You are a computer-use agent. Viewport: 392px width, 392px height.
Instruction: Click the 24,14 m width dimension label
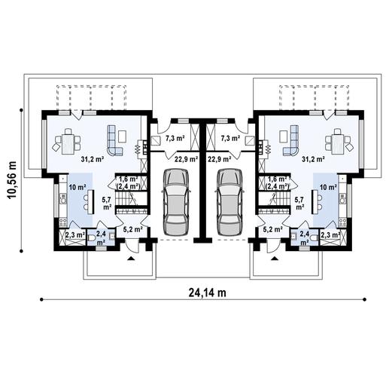point(202,293)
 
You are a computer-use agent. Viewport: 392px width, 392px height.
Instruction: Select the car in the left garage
point(175,201)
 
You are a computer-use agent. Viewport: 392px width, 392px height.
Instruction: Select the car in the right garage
point(229,201)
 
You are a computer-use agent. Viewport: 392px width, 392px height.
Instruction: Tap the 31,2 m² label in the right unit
point(313,159)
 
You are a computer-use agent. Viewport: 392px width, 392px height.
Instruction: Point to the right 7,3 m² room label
point(231,139)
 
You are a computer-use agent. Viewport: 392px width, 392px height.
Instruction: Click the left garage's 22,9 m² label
point(187,159)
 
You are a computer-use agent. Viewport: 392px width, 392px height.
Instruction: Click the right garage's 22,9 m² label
point(219,159)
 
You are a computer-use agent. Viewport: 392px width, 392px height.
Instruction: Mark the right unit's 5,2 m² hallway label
point(273,229)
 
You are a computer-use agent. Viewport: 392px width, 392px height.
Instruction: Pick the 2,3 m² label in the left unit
point(74,236)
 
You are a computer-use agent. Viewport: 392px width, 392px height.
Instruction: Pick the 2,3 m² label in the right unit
point(330,236)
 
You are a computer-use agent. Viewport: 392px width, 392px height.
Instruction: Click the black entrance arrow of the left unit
point(132,259)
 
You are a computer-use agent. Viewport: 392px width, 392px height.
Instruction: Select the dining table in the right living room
point(335,140)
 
